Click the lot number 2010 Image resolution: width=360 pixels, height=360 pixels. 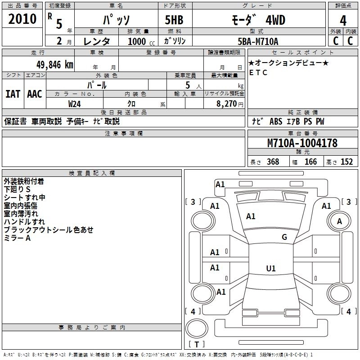22,19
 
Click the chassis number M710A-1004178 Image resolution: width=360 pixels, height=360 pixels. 302,143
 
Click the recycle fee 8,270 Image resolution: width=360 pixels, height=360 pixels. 226,104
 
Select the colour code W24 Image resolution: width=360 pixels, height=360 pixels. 75,104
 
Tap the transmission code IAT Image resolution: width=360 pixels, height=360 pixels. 13,94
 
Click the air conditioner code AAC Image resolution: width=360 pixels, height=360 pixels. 35,94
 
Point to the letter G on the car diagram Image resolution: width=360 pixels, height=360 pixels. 284,237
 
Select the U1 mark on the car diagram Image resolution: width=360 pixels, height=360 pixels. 270,269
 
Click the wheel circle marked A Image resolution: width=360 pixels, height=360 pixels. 340,221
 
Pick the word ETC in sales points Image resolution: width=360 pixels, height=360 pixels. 258,72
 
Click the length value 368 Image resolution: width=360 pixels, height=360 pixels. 273,162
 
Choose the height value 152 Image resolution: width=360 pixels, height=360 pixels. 346,162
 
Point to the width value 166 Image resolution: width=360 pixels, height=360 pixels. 310,162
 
